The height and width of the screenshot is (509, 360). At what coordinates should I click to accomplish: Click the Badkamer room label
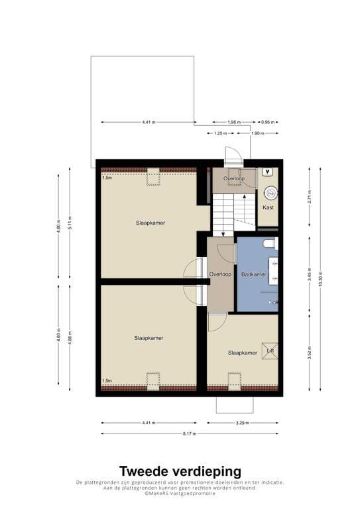[253, 274]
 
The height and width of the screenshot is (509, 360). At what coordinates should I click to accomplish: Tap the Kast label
[268, 207]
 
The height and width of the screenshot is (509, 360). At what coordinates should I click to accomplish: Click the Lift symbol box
[270, 351]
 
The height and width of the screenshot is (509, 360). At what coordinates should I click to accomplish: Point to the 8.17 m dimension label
[190, 433]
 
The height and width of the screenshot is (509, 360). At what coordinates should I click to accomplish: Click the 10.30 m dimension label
[320, 278]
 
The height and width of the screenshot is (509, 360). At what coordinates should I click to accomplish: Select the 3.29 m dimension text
[243, 423]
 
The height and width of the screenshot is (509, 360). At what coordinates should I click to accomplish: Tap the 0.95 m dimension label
[268, 123]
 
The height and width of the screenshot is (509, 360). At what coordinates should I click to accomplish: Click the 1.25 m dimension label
[220, 133]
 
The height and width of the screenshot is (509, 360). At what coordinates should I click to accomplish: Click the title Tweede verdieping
[180, 471]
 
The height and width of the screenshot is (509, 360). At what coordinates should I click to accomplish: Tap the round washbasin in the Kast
[270, 193]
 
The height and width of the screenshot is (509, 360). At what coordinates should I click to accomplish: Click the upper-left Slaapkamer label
[150, 223]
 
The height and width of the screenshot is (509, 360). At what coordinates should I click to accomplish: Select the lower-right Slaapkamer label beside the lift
[243, 353]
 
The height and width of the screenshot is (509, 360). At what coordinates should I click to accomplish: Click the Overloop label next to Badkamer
[220, 274]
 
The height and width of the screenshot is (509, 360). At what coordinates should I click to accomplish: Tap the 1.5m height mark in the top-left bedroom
[107, 178]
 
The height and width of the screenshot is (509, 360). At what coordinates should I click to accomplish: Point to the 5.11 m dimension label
[70, 223]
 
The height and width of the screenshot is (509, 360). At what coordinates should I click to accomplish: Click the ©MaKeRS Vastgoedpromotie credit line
[180, 493]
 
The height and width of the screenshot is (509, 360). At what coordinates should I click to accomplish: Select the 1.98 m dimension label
[234, 123]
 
